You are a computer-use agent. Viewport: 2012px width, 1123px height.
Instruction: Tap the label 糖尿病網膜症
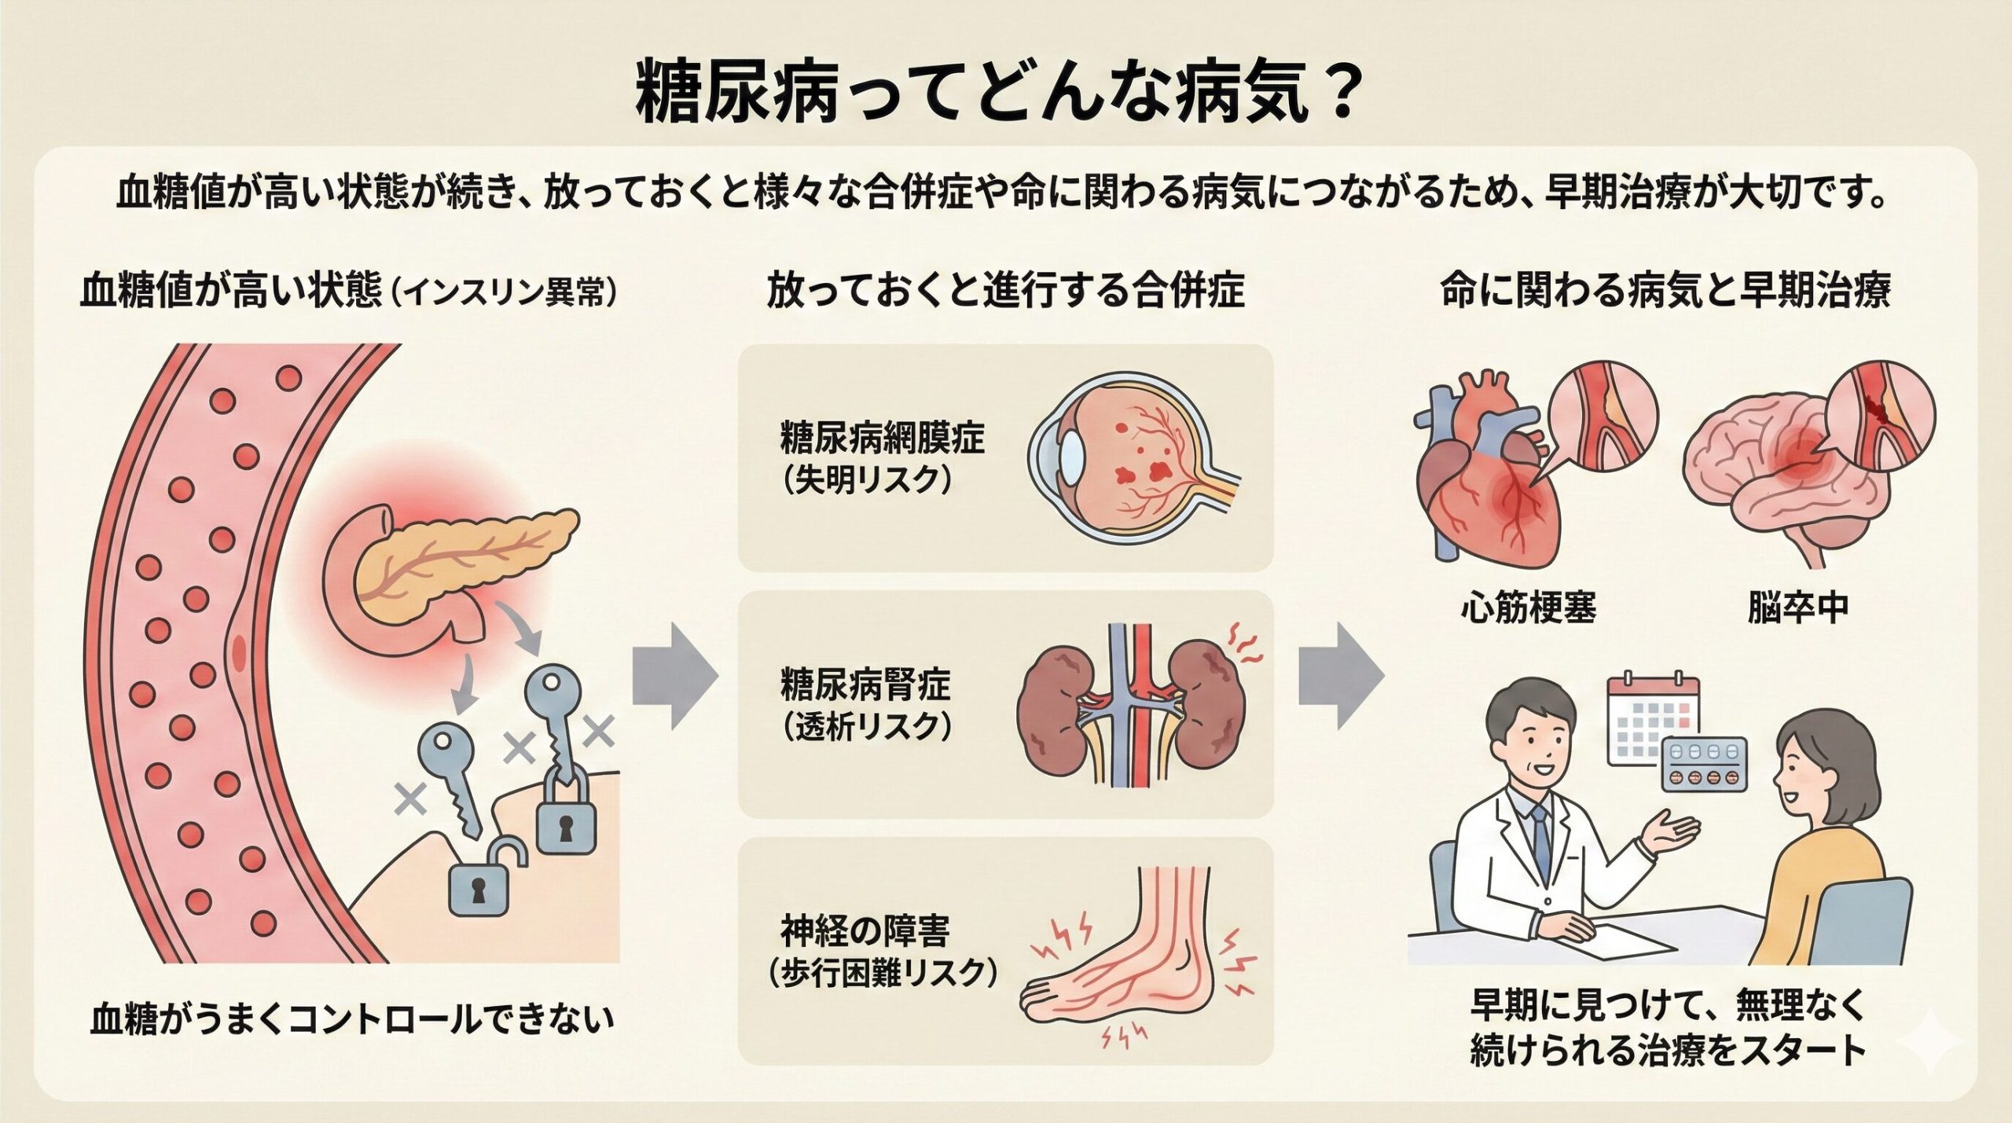(882, 439)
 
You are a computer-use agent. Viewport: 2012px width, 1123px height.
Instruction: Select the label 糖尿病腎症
(865, 684)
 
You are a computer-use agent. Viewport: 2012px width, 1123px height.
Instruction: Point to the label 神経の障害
(865, 932)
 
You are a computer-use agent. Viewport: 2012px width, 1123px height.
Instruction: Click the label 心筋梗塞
(1529, 608)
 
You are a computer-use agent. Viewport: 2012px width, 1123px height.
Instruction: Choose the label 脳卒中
(1798, 608)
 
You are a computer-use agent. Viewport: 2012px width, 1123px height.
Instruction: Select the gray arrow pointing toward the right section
(1339, 677)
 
